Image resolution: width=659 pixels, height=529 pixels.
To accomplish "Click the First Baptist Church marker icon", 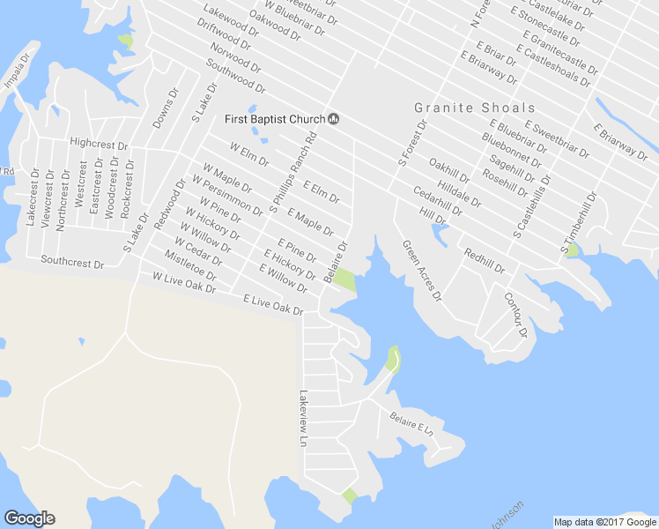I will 334,119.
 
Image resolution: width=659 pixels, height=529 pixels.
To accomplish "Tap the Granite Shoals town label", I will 475,108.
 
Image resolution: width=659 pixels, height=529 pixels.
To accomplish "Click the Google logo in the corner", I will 29,518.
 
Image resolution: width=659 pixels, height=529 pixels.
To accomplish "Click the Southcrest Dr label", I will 72,263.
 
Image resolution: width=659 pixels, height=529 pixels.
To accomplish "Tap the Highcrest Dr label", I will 99,143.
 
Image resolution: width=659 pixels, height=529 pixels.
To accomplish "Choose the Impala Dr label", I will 18,74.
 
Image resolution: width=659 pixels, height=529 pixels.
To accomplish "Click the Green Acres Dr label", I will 422,271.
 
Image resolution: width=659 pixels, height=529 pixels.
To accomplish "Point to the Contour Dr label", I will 515,316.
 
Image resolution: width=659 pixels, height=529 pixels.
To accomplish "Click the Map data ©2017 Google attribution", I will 604,522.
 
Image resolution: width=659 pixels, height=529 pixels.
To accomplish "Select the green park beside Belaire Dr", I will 344,281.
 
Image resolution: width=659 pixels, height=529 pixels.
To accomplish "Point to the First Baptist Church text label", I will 274,120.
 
